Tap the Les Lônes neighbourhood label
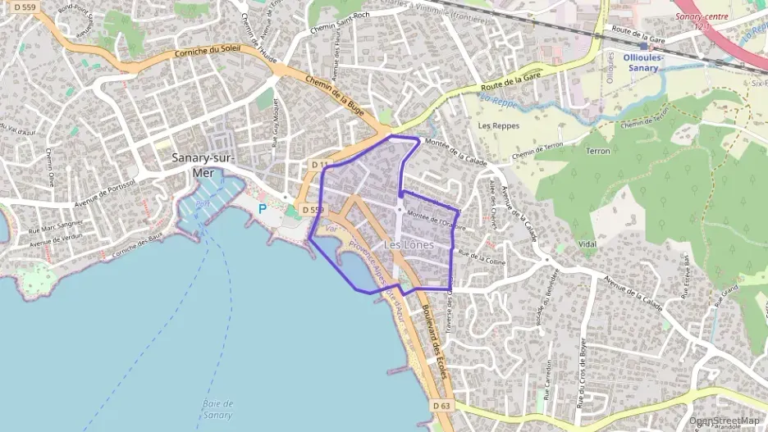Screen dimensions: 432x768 point(408,244)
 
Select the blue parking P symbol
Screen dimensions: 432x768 point(263,209)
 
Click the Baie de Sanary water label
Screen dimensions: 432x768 point(217,408)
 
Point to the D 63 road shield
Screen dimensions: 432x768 point(441,405)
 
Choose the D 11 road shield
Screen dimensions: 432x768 point(320,166)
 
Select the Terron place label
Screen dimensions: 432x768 point(597,152)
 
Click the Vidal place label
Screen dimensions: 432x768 point(587,244)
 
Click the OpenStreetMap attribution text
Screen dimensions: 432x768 point(725,421)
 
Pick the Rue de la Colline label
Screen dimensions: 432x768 point(482,257)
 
